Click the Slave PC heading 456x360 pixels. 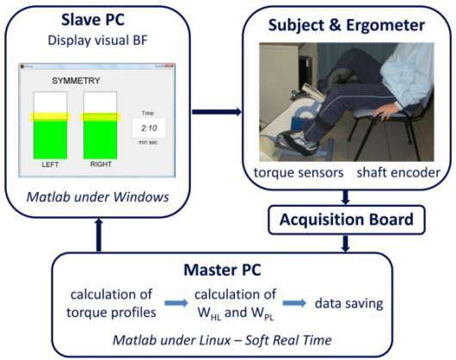(x=93, y=20)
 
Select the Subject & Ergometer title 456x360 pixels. (x=347, y=25)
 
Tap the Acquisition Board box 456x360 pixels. (x=347, y=220)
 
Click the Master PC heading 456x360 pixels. (x=223, y=270)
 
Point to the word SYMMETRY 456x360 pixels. (x=76, y=81)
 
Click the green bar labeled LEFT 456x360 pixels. (x=50, y=140)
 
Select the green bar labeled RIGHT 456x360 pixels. (x=101, y=140)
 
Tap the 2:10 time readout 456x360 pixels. (x=149, y=128)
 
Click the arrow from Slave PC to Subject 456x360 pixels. (x=217, y=112)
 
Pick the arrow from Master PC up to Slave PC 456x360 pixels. (x=99, y=235)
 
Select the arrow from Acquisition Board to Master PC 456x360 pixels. (x=345, y=244)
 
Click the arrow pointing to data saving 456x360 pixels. (x=294, y=303)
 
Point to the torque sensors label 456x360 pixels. (x=299, y=172)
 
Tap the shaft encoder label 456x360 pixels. (x=398, y=172)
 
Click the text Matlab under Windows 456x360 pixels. (x=98, y=197)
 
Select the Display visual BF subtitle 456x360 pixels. (x=98, y=40)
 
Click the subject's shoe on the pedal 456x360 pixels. (x=297, y=143)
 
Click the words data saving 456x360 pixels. (x=349, y=303)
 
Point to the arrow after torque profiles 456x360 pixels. (x=176, y=303)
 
